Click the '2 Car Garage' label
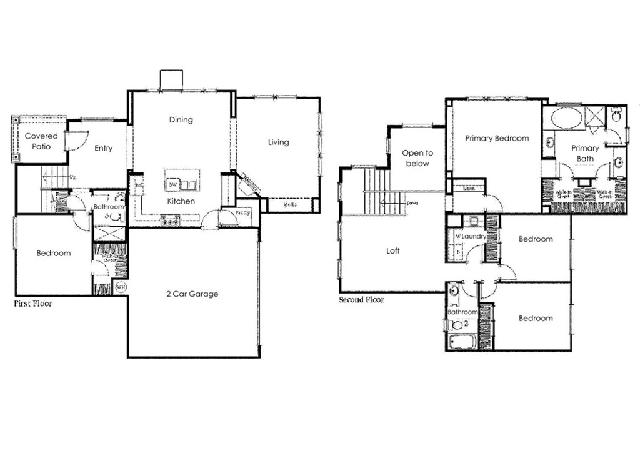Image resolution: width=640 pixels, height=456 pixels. [x=192, y=294]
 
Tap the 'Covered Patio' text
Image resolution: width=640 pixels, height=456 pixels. [x=41, y=141]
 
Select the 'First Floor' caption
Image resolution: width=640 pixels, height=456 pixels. [x=33, y=304]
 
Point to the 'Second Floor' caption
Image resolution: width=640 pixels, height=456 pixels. [x=361, y=300]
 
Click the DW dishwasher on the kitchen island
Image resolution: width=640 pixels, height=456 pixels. [x=172, y=184]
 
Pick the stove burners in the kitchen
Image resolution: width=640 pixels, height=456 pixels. [x=170, y=219]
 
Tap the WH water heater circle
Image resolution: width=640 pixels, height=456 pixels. [x=121, y=288]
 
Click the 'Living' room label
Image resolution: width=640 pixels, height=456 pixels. [x=278, y=142]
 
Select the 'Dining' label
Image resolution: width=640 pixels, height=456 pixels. [x=181, y=119]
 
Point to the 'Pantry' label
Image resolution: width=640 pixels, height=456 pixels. [x=243, y=213]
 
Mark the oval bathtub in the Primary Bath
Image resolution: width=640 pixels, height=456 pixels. [x=566, y=117]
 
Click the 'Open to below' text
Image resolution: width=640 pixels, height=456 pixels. [x=417, y=158]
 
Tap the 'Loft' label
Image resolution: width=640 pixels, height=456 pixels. [x=393, y=250]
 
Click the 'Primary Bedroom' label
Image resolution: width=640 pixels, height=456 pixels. [x=497, y=138]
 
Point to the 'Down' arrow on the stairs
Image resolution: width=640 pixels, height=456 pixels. [x=412, y=203]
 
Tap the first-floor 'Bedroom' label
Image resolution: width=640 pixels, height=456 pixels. [x=53, y=253]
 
